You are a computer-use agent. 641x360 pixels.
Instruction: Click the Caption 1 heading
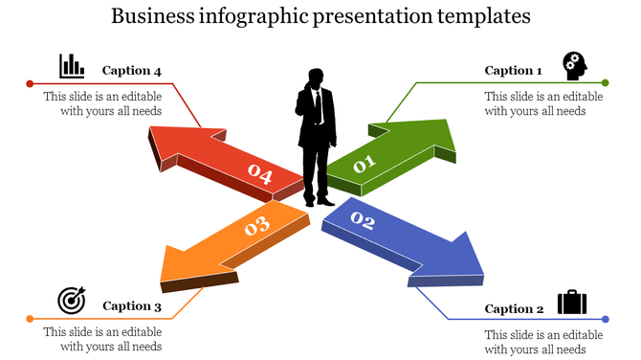point(513,70)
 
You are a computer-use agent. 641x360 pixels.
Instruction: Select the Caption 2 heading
point(514,308)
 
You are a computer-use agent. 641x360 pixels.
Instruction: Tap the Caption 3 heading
point(132,306)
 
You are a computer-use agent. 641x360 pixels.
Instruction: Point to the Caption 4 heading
point(132,70)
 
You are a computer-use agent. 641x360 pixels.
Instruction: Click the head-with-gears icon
point(574,65)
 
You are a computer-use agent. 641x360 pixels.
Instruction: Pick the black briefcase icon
point(572,303)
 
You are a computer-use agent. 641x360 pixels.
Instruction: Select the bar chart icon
point(71,66)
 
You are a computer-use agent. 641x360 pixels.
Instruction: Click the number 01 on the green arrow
point(365,165)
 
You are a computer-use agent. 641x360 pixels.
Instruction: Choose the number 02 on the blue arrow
point(362,222)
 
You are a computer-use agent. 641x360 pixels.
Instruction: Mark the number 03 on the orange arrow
point(256,227)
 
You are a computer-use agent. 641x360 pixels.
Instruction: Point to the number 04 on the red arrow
point(260,174)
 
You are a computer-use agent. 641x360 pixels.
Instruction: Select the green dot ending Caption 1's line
point(606,83)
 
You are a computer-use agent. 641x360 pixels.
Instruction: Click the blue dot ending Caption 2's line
point(606,319)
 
